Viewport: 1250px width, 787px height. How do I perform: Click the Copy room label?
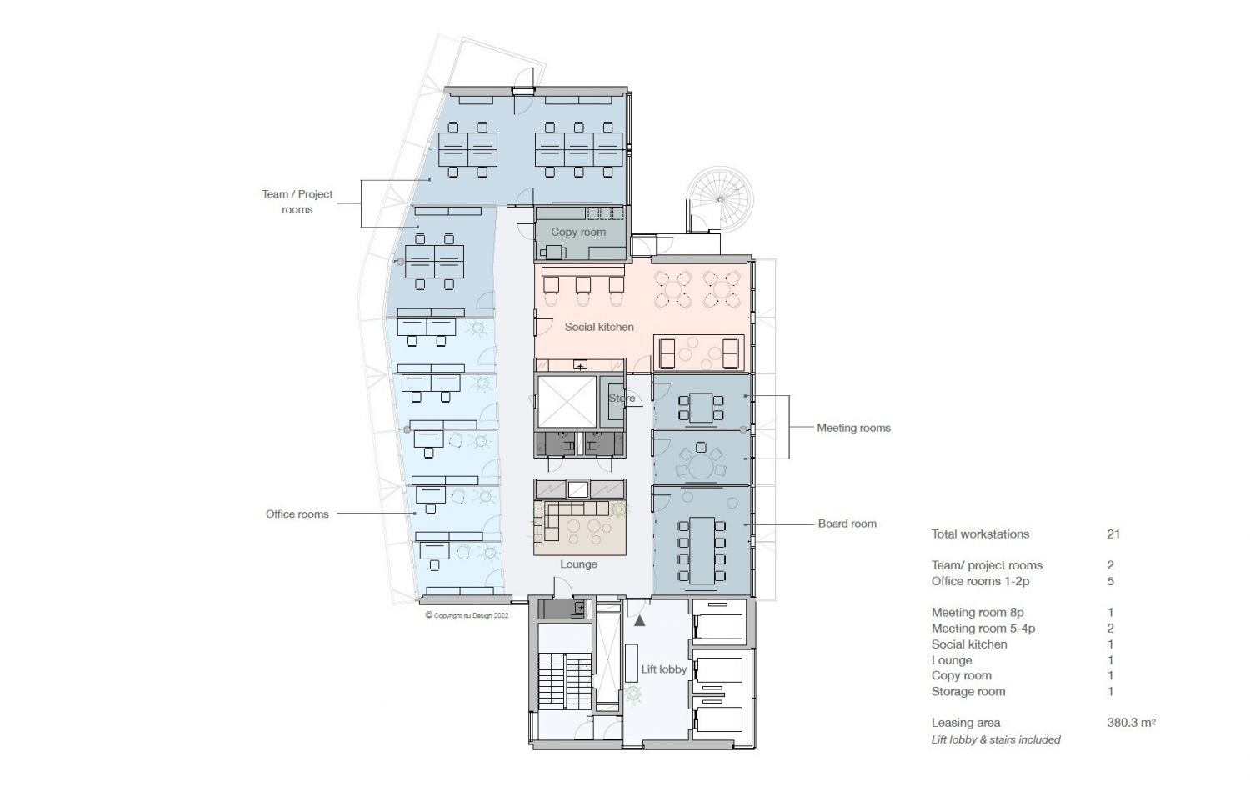578,233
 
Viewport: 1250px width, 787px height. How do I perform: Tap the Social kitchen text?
599,327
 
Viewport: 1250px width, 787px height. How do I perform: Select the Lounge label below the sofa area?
578,564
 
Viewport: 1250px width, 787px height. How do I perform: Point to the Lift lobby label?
663,669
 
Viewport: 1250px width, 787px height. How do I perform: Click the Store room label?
622,398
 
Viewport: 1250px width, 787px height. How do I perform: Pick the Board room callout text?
847,524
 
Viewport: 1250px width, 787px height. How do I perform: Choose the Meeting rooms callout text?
854,429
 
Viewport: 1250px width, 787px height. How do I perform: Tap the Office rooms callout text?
297,514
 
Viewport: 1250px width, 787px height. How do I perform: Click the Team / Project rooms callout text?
297,202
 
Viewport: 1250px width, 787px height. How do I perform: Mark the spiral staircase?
721,199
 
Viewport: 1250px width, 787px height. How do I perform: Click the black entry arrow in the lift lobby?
639,620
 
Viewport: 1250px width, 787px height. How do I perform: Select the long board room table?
702,550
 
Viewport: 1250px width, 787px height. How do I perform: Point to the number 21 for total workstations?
1113,534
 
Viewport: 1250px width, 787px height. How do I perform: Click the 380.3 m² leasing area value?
1131,723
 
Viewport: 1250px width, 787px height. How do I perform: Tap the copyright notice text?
467,615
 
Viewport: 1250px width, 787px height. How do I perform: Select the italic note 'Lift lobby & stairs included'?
996,740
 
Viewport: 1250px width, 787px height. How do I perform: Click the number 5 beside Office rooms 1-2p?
1111,582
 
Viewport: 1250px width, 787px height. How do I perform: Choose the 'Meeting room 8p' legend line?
977,613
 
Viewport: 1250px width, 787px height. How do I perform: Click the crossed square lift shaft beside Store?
567,402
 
